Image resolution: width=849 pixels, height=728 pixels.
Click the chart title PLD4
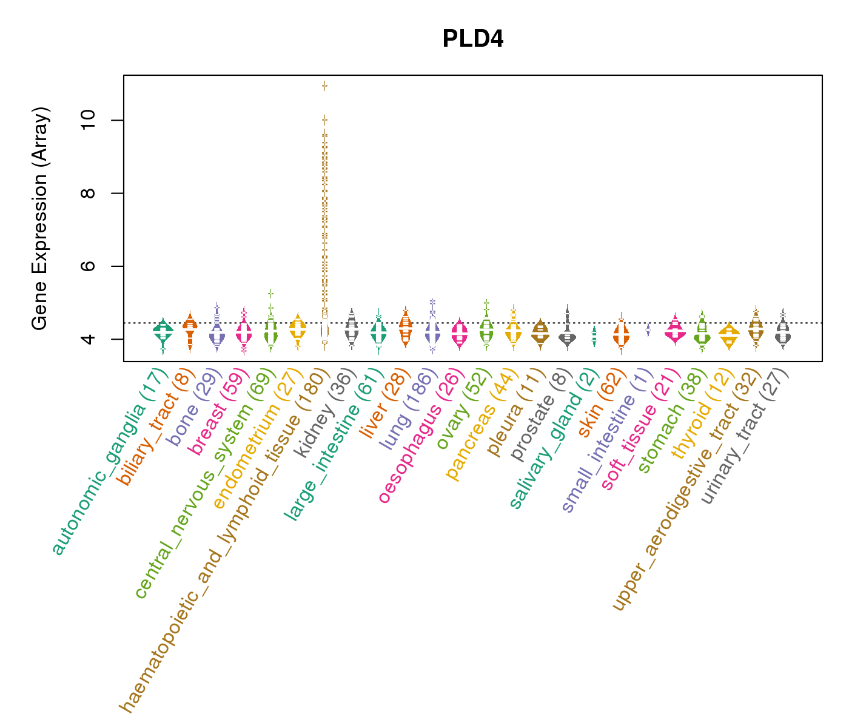[x=473, y=39]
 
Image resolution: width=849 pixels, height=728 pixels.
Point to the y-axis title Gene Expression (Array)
[x=40, y=219]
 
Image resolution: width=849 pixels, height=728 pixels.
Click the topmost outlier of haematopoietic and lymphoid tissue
[x=325, y=86]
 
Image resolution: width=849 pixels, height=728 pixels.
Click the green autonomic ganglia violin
[x=163, y=331]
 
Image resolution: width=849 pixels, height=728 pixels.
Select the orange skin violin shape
[x=621, y=335]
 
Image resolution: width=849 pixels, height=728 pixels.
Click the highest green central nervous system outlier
[x=271, y=293]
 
